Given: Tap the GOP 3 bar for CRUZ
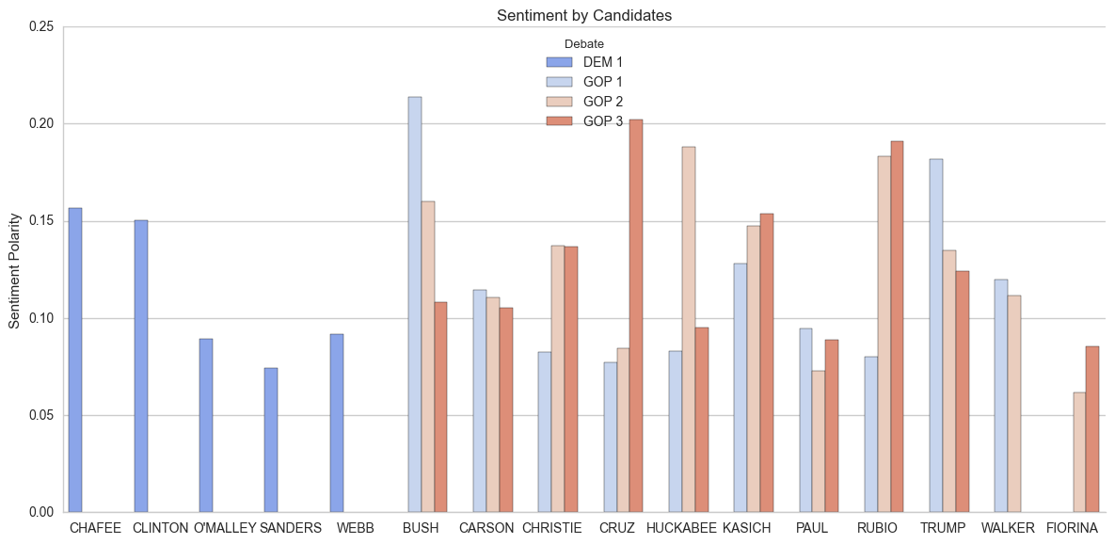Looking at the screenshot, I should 636,315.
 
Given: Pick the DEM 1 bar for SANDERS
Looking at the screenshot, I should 271,440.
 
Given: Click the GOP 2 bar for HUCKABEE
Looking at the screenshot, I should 689,329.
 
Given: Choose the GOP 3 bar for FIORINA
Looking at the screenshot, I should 1092,429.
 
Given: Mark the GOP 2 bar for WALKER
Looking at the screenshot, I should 1014,404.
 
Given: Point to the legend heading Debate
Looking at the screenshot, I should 583,43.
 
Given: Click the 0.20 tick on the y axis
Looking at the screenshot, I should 41,124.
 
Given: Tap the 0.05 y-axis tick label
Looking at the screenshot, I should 41,415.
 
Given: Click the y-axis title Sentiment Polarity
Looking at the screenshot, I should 14,271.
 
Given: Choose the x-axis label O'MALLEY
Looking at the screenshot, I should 225,529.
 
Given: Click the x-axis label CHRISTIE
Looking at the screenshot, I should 551,529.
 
